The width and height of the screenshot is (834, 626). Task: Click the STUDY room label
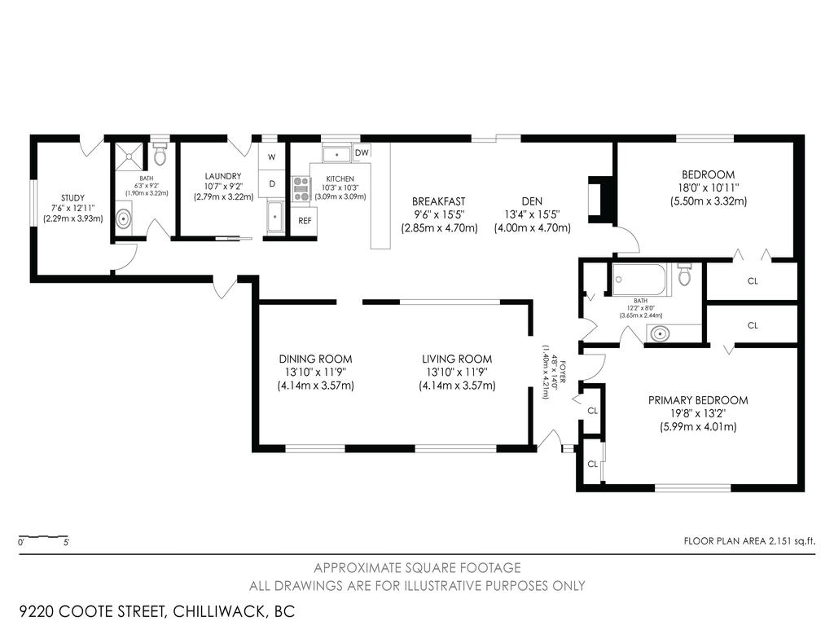72,197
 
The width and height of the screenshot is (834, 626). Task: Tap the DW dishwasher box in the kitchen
362,152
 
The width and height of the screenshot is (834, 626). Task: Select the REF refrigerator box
305,221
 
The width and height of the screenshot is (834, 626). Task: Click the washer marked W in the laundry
271,156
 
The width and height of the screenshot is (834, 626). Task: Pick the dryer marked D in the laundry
271,183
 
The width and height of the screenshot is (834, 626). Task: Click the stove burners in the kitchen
302,189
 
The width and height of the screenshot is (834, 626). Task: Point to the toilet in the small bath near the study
160,155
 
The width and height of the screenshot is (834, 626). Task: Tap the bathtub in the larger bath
640,280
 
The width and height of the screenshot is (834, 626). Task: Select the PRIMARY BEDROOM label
697,400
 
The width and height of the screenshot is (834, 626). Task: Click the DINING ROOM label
315,359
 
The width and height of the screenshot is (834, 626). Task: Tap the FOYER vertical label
551,370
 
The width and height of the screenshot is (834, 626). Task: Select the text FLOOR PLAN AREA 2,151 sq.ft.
749,540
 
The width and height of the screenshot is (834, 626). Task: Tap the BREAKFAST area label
438,201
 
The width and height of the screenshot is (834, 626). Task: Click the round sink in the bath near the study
124,218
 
